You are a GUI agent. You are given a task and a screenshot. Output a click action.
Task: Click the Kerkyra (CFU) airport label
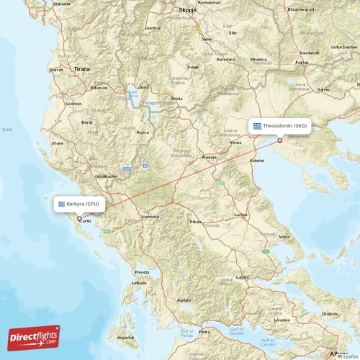coord(80,204)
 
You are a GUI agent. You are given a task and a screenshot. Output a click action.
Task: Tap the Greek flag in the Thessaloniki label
coord(257,125)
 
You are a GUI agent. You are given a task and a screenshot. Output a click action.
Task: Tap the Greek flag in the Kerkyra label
coord(61,204)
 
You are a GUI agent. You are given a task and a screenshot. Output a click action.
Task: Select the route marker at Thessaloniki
coord(279,140)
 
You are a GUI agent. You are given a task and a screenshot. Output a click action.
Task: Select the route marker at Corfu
coord(80,218)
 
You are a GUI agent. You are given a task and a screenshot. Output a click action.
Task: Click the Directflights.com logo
coord(34,336)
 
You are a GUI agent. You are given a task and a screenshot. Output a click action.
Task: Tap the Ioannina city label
coord(150,216)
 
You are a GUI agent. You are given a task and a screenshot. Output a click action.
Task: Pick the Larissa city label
coord(241,215)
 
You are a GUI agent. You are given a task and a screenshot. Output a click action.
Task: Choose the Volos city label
coord(285,237)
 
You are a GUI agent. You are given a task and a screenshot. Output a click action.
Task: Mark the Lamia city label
coord(242,276)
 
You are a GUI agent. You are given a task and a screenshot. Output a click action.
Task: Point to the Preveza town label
coord(141,271)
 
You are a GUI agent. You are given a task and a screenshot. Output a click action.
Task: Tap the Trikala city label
coord(195,222)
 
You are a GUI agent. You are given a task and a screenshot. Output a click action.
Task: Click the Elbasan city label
coord(99,87)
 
